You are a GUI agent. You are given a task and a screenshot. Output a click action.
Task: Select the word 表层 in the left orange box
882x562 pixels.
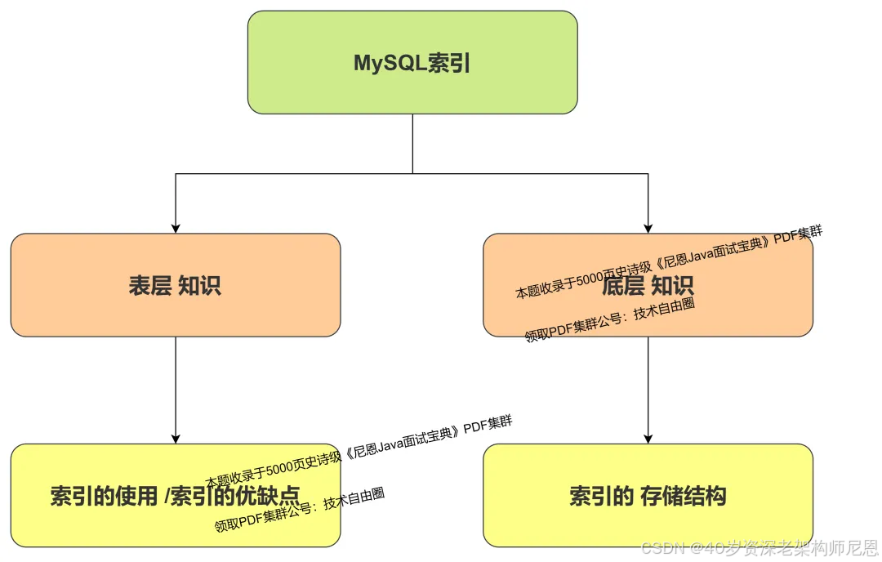click(x=149, y=285)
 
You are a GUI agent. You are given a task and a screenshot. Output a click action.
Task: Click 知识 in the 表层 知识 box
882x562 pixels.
click(x=199, y=285)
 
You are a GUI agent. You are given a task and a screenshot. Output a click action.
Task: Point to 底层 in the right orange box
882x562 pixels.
click(x=622, y=285)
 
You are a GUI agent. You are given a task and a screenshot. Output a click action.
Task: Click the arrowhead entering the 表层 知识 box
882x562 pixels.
click(x=176, y=228)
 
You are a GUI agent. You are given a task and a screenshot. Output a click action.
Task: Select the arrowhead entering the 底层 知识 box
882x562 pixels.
click(x=648, y=228)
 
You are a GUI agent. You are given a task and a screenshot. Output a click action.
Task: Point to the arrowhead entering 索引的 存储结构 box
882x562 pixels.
click(x=648, y=438)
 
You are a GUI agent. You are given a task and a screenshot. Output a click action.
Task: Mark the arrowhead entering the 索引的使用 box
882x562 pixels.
click(x=176, y=438)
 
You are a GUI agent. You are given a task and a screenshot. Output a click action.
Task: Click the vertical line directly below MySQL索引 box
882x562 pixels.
click(x=412, y=143)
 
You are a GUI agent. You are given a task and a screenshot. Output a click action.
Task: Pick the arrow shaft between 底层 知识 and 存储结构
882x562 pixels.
click(x=648, y=384)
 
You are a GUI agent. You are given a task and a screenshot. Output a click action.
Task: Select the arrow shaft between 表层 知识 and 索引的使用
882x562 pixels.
click(x=176, y=384)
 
